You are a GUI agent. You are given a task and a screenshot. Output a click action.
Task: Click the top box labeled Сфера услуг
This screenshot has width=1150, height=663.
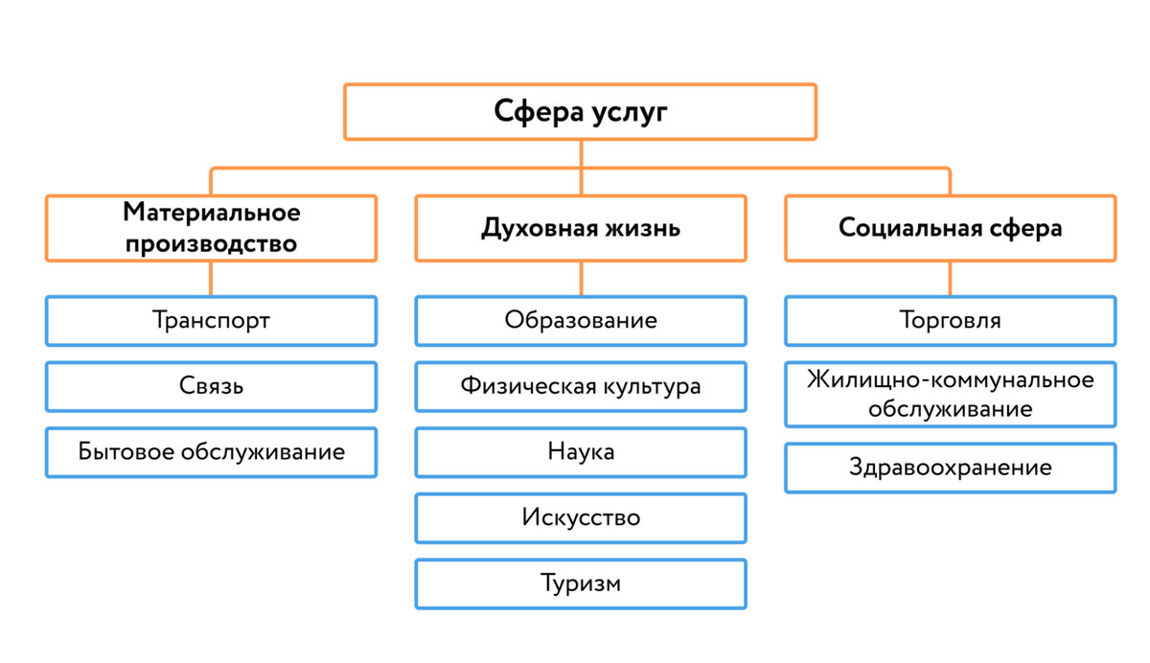coord(581,112)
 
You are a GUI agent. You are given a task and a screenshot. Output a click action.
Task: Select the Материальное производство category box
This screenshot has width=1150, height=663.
coord(211,227)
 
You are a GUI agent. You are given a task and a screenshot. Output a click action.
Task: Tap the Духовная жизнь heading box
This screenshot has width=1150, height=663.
coord(581,228)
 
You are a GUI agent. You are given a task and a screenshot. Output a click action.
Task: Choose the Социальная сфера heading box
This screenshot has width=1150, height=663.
coord(950,228)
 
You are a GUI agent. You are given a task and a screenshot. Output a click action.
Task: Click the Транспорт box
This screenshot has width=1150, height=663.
coord(211,320)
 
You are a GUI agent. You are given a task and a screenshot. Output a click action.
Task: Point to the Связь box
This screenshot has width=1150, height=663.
coord(211,386)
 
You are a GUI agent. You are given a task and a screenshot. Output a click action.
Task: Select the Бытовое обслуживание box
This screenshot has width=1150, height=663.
coord(211,451)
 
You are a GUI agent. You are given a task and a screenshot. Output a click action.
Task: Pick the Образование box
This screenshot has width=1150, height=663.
coord(581,320)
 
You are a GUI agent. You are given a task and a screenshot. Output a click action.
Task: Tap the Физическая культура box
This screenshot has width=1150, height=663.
coord(581,386)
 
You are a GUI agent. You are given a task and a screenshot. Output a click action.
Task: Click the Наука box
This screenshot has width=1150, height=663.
coord(581,451)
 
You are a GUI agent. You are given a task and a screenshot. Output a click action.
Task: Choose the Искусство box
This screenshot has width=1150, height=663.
coord(581,517)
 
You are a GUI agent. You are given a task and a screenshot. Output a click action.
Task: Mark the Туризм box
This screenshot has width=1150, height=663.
coord(581,583)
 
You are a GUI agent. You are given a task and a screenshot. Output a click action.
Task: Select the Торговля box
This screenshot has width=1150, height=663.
coord(950,320)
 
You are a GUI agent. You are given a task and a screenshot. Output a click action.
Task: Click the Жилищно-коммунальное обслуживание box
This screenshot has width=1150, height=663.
coord(950,394)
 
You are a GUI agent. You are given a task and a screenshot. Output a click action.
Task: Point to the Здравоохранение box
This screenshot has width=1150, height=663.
coord(950,468)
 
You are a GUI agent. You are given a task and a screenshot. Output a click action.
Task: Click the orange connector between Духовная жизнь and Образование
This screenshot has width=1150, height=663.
coord(581,279)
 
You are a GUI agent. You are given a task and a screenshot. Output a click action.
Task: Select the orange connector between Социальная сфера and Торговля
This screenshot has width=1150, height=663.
coord(950,279)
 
